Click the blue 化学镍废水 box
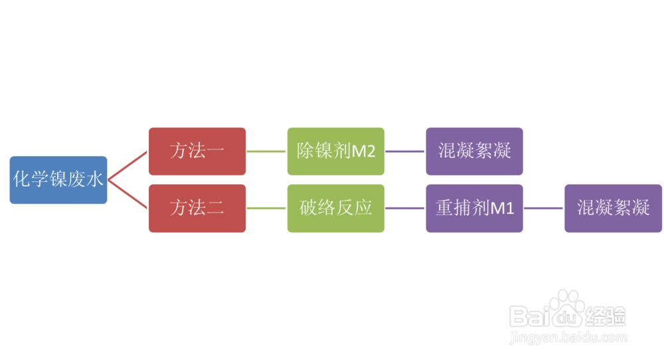(58, 179)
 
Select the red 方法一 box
(197, 151)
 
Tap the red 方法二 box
(197, 209)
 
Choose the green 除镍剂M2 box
(336, 151)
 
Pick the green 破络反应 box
(336, 209)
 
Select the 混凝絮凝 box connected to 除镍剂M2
(475, 151)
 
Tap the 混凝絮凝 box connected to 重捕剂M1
(613, 209)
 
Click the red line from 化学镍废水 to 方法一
(128, 165)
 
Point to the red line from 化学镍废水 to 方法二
(128, 194)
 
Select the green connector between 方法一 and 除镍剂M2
(266, 151)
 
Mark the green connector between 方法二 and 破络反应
(266, 209)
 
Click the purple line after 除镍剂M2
(405, 151)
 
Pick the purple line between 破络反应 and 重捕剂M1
(405, 209)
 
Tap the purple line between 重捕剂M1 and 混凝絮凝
(544, 209)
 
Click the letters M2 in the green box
(364, 151)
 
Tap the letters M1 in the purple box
(503, 209)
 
